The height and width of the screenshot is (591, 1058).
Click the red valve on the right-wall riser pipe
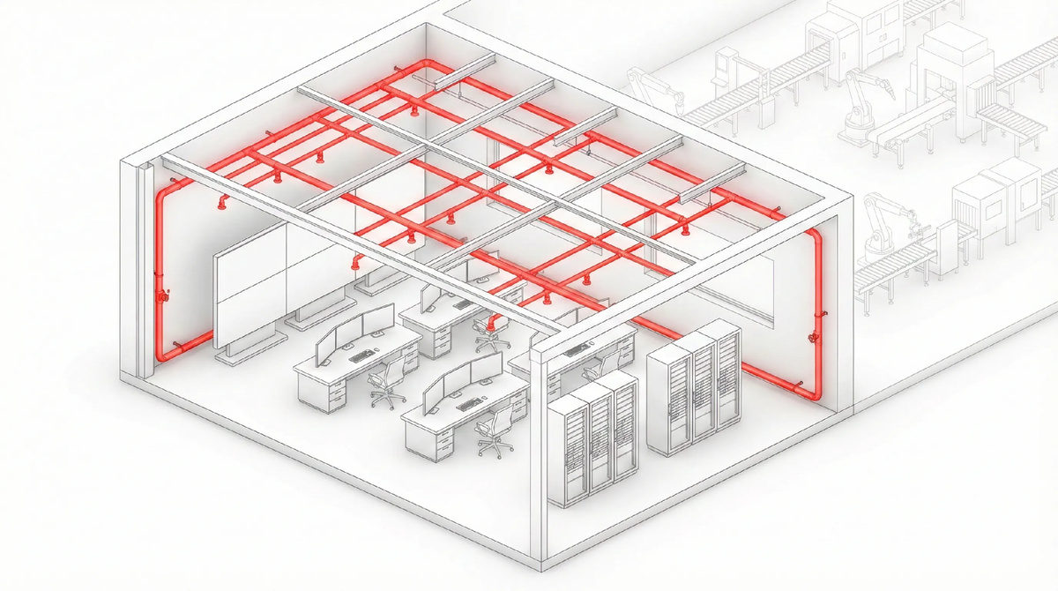[811, 338]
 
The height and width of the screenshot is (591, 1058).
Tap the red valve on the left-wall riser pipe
[162, 296]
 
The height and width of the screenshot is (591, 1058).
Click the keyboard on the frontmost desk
[466, 406]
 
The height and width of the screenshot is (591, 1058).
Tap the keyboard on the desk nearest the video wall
[361, 356]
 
